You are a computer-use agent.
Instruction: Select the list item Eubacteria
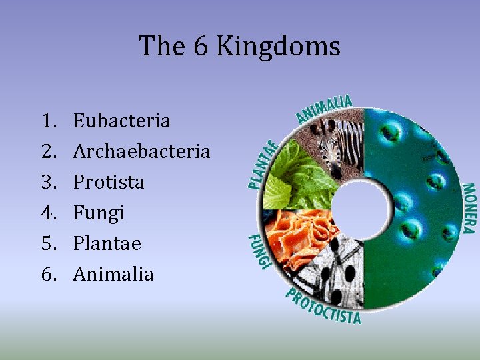(121, 121)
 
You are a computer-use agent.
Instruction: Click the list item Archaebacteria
(141, 151)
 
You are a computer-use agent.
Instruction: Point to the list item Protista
(109, 182)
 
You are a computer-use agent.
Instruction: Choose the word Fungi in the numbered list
(99, 213)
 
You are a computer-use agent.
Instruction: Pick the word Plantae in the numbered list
(107, 243)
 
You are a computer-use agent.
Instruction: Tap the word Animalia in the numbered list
(113, 274)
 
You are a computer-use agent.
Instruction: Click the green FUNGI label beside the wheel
(259, 252)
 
